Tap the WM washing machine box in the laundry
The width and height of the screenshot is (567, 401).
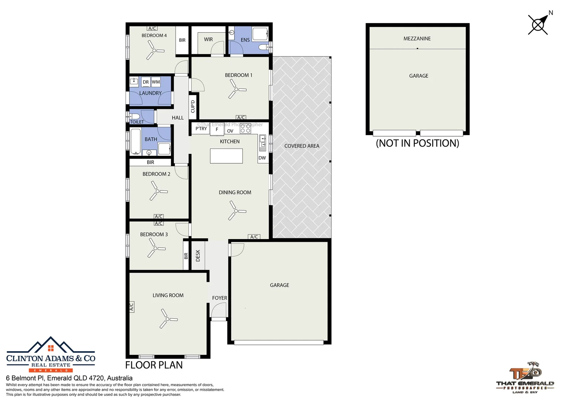click(x=156, y=82)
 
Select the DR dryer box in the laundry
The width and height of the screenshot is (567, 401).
click(x=145, y=82)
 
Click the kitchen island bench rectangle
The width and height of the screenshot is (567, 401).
click(x=226, y=156)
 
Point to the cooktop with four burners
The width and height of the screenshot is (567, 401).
click(x=245, y=128)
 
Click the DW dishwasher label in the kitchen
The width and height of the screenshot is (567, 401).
click(x=262, y=158)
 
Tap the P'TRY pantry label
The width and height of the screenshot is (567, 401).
click(x=201, y=129)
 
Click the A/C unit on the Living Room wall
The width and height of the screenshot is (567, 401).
click(x=131, y=307)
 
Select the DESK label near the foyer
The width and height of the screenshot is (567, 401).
click(x=198, y=255)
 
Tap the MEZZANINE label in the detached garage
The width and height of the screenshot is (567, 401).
click(x=417, y=39)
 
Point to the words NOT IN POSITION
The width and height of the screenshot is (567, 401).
click(x=417, y=143)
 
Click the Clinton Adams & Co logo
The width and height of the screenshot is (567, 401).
click(x=51, y=355)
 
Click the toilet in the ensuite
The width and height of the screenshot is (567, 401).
click(x=264, y=47)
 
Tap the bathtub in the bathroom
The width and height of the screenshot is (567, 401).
click(x=135, y=141)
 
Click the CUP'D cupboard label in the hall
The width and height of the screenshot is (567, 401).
click(x=193, y=107)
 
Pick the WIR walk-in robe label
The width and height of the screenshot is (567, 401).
click(x=208, y=39)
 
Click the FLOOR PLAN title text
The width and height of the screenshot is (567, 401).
click(x=154, y=365)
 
